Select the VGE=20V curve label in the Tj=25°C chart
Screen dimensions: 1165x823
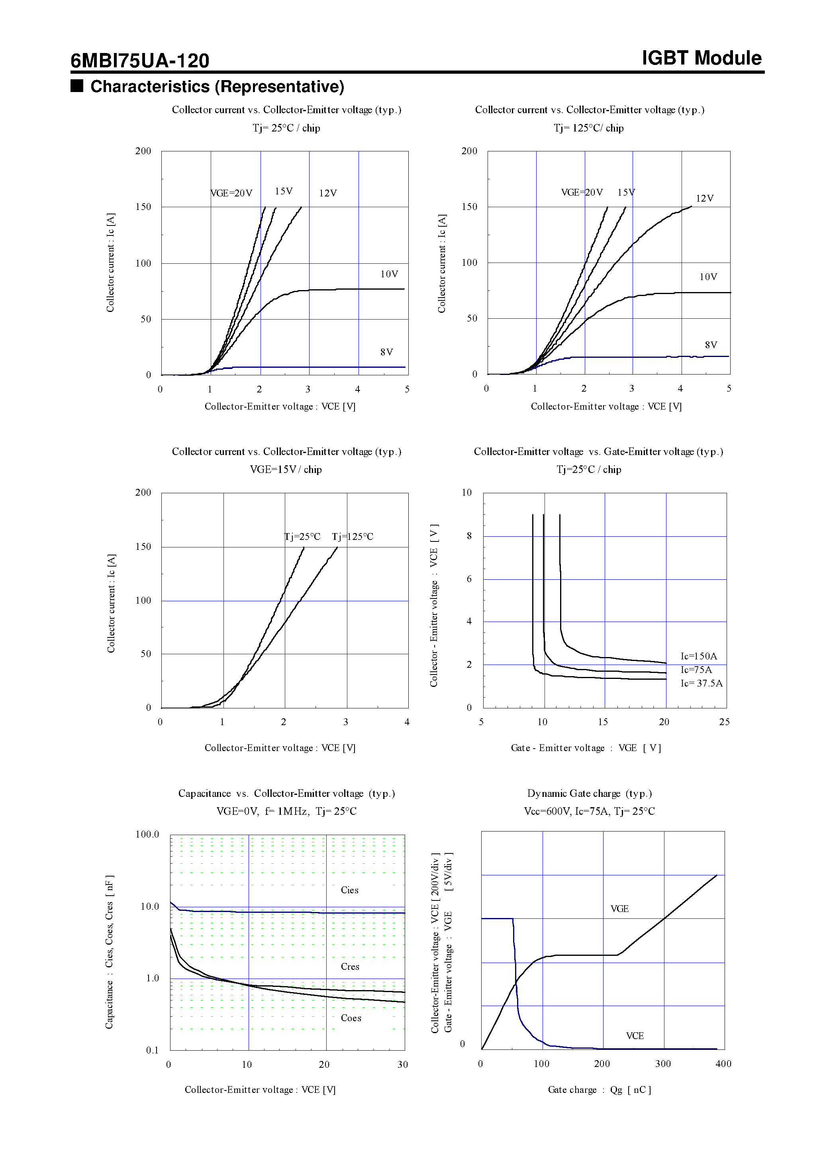231,193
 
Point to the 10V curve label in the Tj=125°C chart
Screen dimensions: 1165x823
708,277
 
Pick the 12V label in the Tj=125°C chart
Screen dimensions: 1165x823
704,198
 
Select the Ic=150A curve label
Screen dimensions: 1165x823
699,656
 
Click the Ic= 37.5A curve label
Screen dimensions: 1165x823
701,683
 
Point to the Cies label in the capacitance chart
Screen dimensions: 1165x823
350,890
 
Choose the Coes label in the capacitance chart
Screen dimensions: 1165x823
351,1018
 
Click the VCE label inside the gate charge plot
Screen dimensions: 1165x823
634,1036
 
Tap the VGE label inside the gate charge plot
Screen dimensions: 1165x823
619,908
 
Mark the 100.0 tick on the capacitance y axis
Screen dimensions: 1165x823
147,834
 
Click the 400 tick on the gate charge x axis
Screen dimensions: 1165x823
723,1063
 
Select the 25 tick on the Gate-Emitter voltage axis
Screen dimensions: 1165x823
724,722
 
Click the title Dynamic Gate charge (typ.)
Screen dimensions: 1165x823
589,793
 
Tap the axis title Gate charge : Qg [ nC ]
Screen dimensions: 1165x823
599,1089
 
